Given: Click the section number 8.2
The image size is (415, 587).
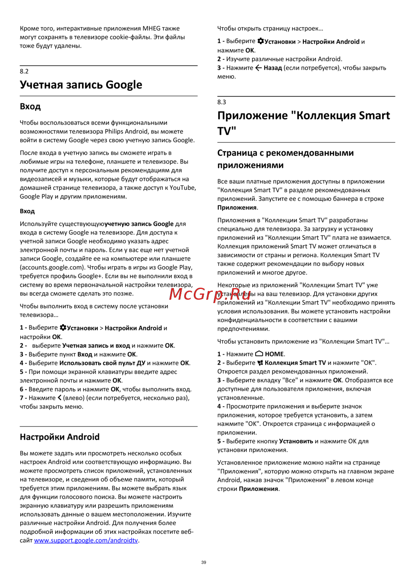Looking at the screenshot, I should tap(24, 71).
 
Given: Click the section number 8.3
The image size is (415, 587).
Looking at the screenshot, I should tap(222, 102).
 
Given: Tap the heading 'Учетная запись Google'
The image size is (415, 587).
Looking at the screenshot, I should tap(81, 85).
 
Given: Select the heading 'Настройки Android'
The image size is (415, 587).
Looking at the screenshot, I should tap(60, 437).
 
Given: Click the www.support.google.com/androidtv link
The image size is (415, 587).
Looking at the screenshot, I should tap(86, 541).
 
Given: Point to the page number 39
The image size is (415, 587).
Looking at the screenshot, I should tap(203, 563).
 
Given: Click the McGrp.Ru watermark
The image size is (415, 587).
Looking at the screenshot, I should tap(210, 294).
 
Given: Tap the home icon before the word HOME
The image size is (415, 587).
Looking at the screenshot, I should tap(259, 354).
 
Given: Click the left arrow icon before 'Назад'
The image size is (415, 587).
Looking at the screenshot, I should tap(258, 68).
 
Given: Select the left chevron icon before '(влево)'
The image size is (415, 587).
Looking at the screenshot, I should tap(59, 398).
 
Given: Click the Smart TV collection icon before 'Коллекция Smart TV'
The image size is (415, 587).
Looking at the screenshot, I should tap(260, 363).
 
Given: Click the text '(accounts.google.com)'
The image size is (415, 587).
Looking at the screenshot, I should tap(52, 267).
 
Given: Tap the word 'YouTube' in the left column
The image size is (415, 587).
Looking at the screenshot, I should tap(182, 188).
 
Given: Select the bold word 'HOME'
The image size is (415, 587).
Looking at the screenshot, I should tap(274, 354).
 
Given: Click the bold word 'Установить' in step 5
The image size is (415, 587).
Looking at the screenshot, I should tap(296, 441).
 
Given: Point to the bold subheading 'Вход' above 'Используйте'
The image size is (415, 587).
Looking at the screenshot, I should tap(27, 211).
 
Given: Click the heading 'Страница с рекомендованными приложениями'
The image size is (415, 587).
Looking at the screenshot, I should tap(286, 159).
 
